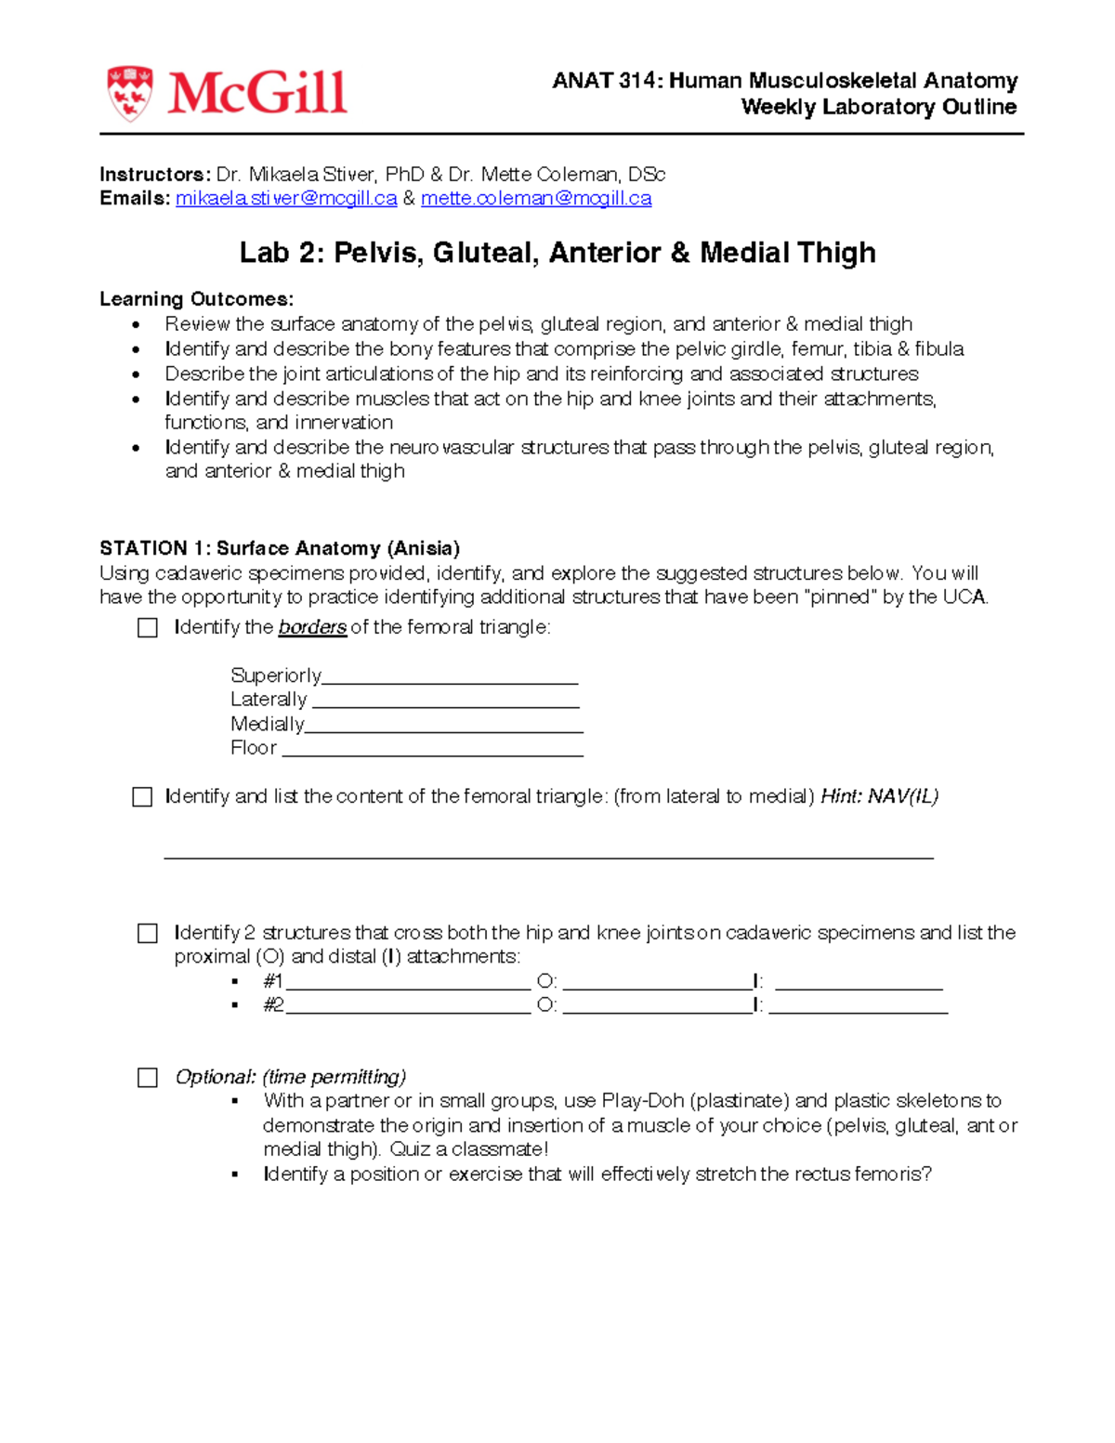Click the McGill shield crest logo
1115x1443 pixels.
[129, 93]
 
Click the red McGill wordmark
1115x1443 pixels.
[257, 93]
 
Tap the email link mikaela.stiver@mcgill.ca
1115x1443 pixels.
[286, 198]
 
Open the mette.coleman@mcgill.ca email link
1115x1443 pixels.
[536, 198]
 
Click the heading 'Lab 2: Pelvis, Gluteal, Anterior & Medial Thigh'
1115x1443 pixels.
[557, 253]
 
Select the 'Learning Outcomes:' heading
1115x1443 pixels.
[197, 299]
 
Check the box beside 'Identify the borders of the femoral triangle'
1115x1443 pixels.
[148, 628]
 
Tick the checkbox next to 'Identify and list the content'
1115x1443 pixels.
[142, 797]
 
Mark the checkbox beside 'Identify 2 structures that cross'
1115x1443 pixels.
[148, 933]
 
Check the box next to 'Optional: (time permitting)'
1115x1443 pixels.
[148, 1077]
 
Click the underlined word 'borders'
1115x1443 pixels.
[312, 627]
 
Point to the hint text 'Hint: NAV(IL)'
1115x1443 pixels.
[879, 796]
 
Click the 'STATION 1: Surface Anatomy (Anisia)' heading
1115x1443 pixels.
[280, 548]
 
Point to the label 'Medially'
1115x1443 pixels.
[267, 724]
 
